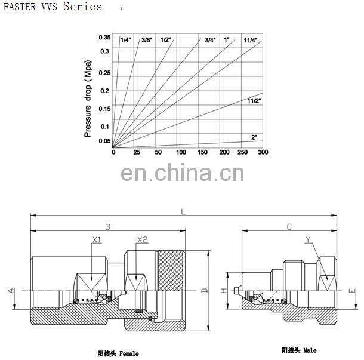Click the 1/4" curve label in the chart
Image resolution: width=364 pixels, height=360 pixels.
click(x=125, y=39)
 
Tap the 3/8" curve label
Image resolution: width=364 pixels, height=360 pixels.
click(x=147, y=39)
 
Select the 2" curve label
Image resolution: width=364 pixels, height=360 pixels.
click(x=254, y=137)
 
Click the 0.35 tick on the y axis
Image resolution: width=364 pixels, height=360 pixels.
click(x=104, y=38)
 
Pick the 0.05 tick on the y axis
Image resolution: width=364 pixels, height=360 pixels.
click(x=104, y=141)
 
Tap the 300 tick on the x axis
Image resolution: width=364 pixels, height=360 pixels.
click(x=263, y=153)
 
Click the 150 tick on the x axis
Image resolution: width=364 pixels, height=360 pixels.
click(x=203, y=153)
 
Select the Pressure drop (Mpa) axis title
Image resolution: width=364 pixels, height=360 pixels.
click(x=88, y=98)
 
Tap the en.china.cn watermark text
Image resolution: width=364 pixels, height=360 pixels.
click(x=182, y=173)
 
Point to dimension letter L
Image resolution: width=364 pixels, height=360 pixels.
click(x=183, y=211)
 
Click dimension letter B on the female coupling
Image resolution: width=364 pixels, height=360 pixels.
click(x=108, y=226)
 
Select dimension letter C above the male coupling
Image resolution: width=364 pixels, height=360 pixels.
click(x=289, y=226)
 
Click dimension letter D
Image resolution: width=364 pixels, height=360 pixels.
click(x=203, y=291)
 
